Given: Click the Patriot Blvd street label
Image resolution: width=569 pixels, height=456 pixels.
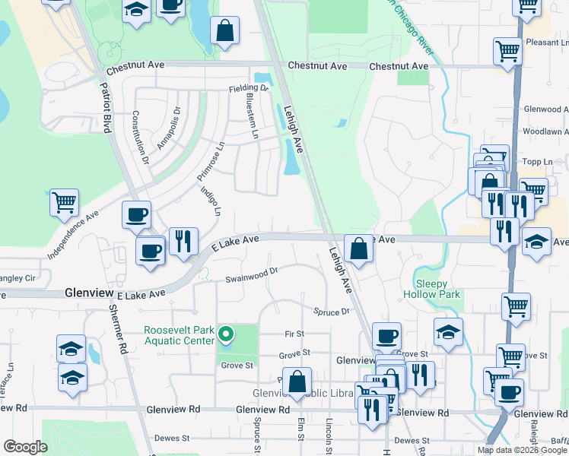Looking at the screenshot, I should point(106,107).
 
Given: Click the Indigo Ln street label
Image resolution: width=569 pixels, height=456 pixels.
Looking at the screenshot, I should point(211,199).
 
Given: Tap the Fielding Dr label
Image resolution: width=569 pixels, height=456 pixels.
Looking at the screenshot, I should point(249,89).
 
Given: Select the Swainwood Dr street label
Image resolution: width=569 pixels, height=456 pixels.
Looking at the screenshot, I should point(252,274).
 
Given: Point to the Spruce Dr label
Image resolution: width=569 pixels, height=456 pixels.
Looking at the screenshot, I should point(331,312).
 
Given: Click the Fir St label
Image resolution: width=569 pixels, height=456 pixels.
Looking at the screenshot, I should point(294,334).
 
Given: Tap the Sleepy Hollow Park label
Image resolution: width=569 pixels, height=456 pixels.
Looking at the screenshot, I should point(431,288).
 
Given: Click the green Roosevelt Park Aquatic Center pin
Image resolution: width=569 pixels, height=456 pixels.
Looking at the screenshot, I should point(225,334).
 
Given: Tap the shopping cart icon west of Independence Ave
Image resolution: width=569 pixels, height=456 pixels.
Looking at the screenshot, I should point(65,202).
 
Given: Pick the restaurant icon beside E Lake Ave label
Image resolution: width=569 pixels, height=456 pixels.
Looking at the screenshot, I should point(183,241).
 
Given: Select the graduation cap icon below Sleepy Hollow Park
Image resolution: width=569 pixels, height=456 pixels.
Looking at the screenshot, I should point(448,331).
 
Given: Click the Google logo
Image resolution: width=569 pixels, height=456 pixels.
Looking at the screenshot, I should point(26,447).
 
